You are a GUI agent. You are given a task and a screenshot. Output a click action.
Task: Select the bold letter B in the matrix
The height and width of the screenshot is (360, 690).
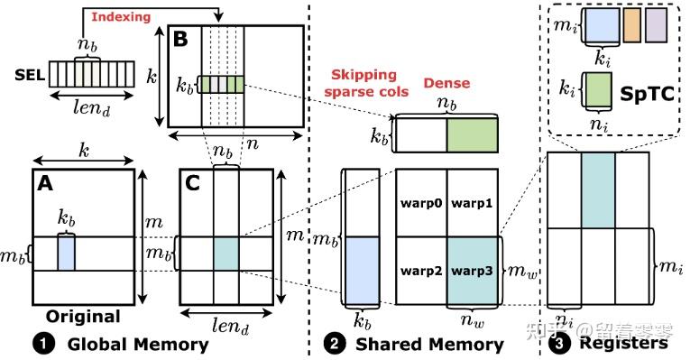(179, 40)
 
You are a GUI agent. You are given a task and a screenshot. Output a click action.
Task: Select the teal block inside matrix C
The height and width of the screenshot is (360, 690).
(225, 252)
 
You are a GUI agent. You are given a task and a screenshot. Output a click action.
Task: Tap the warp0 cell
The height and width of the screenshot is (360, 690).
(421, 203)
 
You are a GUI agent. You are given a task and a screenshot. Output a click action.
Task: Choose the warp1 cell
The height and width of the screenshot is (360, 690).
(473, 203)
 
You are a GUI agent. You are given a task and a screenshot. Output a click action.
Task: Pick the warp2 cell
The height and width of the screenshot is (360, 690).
(421, 268)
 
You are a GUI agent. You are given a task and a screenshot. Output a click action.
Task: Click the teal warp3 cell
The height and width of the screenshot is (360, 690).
(473, 268)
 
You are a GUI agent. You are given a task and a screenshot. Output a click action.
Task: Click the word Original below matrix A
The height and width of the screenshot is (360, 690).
(82, 317)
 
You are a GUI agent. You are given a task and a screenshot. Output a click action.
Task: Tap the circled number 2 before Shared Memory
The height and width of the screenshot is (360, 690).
(333, 344)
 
